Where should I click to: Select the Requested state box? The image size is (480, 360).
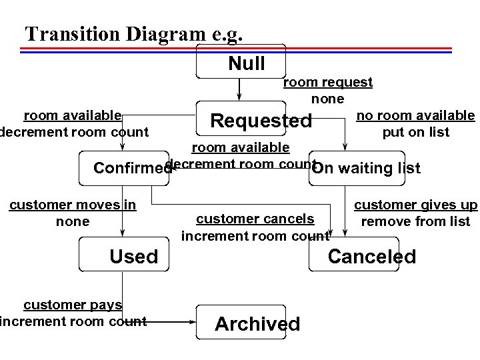[x=241, y=121]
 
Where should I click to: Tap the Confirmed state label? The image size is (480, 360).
[x=132, y=168]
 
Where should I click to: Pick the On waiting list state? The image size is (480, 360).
[x=366, y=168]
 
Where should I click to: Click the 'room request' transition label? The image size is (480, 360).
[x=328, y=82]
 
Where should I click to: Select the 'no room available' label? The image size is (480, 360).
[x=415, y=115]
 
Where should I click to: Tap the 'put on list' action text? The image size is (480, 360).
[x=415, y=132]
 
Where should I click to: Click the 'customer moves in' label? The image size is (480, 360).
[x=72, y=205]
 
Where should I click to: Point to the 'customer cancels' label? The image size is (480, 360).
[x=255, y=219]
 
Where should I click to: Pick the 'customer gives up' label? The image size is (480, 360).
[x=415, y=205]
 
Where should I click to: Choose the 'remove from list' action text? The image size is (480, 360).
[x=415, y=221]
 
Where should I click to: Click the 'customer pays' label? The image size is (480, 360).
[x=72, y=305]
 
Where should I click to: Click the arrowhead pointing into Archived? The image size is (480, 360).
[x=193, y=321]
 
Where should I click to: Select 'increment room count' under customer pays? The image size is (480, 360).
[x=73, y=321]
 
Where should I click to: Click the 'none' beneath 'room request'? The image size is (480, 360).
[x=327, y=99]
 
